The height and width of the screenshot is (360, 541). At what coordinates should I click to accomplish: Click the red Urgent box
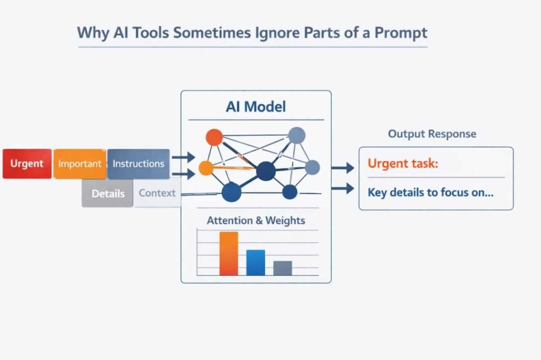[27, 164]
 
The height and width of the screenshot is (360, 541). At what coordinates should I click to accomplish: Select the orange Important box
[79, 164]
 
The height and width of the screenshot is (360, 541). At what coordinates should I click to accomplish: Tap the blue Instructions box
[138, 164]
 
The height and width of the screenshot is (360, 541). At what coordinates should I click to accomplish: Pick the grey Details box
[108, 193]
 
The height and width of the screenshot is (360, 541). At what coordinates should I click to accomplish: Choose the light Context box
[157, 193]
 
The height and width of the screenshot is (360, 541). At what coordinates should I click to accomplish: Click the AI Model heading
[256, 107]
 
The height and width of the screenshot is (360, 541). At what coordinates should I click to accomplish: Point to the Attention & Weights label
[256, 220]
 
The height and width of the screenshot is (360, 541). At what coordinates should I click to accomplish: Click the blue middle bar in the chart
[256, 262]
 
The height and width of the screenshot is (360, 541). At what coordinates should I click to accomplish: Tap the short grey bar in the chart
[283, 268]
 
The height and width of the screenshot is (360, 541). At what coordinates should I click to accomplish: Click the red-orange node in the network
[214, 137]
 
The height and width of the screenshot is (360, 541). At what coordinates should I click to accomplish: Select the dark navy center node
[266, 170]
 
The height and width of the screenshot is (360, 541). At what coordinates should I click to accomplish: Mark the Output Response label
[432, 134]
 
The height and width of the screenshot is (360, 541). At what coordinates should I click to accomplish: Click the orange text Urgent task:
[403, 164]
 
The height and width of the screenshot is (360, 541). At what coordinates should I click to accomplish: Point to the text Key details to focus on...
[431, 192]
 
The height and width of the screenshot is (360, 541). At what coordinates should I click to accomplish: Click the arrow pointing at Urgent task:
[342, 168]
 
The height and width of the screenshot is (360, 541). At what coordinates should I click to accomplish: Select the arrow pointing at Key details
[342, 188]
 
